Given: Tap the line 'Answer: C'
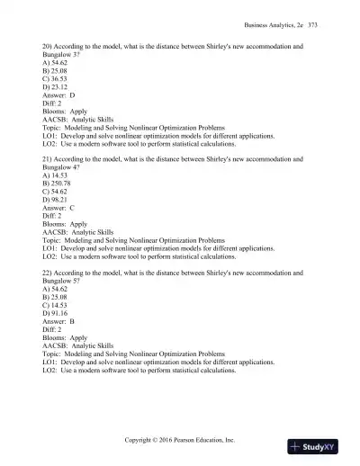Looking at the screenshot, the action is click(59, 207).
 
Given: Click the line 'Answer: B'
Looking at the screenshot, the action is click(59, 320).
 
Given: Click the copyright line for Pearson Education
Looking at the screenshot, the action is click(180, 440).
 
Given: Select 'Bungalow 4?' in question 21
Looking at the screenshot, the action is click(62, 166).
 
